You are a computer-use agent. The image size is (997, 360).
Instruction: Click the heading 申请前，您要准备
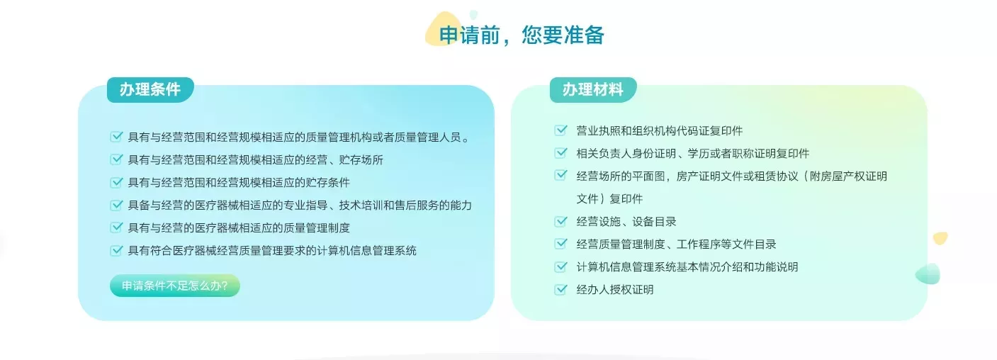(522, 35)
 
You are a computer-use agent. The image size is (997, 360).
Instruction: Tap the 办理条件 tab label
(150, 89)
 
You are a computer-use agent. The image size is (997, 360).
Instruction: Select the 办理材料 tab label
(593, 89)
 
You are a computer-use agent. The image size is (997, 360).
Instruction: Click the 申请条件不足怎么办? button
(175, 286)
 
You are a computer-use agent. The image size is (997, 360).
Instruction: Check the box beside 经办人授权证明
(561, 290)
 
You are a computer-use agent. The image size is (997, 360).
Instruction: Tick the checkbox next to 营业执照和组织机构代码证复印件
(561, 130)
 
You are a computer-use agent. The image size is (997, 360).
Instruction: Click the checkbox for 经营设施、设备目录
(561, 221)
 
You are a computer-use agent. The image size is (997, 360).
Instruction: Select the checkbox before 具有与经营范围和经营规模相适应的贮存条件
(116, 182)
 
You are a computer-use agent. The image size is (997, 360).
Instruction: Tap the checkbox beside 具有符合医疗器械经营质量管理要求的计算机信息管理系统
(116, 250)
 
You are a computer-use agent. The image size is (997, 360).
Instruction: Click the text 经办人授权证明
(614, 290)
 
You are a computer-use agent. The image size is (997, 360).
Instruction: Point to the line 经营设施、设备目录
(626, 222)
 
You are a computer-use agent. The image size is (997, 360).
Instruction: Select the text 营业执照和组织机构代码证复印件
(659, 131)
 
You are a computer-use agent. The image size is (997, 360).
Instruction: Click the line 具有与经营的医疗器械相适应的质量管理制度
(239, 228)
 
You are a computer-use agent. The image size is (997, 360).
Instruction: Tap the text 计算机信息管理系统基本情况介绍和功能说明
(687, 267)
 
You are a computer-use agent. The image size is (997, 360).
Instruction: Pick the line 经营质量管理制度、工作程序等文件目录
(676, 244)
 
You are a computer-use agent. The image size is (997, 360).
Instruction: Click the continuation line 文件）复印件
(609, 199)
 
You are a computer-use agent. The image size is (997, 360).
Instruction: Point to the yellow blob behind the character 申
(439, 29)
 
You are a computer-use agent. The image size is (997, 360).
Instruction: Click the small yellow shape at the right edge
(940, 237)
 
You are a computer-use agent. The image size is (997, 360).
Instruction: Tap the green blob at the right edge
(928, 274)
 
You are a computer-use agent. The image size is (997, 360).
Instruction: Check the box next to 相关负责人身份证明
(561, 153)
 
